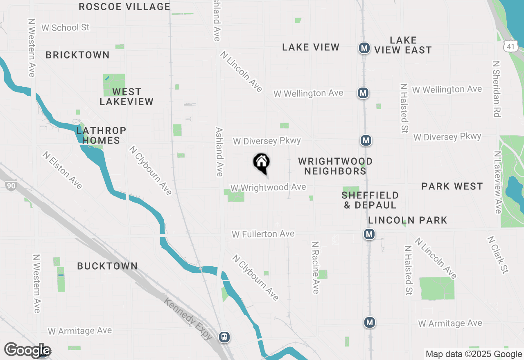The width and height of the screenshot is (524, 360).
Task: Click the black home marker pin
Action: coord(261,162)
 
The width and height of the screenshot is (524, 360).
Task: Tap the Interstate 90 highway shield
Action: coord(11,186)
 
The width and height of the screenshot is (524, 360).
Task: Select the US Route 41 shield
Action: coord(509,47)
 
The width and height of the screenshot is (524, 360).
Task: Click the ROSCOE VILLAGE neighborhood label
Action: coord(124,7)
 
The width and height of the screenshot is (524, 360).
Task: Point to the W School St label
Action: coord(65,27)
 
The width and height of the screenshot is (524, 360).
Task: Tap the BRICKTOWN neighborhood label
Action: coord(77,55)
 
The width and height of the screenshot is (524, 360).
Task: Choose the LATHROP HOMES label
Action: coord(101,135)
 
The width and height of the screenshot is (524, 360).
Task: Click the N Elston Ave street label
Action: coord(63,170)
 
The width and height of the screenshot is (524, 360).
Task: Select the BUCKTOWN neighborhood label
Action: coord(107,266)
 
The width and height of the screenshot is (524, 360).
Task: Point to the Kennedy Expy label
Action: coord(188,319)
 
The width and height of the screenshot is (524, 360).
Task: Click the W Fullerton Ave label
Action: coord(263,234)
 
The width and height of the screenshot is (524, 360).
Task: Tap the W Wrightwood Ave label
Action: coord(268,187)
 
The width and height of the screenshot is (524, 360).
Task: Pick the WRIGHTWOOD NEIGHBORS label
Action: coord(335,166)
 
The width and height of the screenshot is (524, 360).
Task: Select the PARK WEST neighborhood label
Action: coord(452,187)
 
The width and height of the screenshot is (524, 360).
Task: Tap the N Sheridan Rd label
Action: coord(497,89)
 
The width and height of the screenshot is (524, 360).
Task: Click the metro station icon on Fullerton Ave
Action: coord(369,234)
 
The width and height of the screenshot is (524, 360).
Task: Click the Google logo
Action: coord(27,351)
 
